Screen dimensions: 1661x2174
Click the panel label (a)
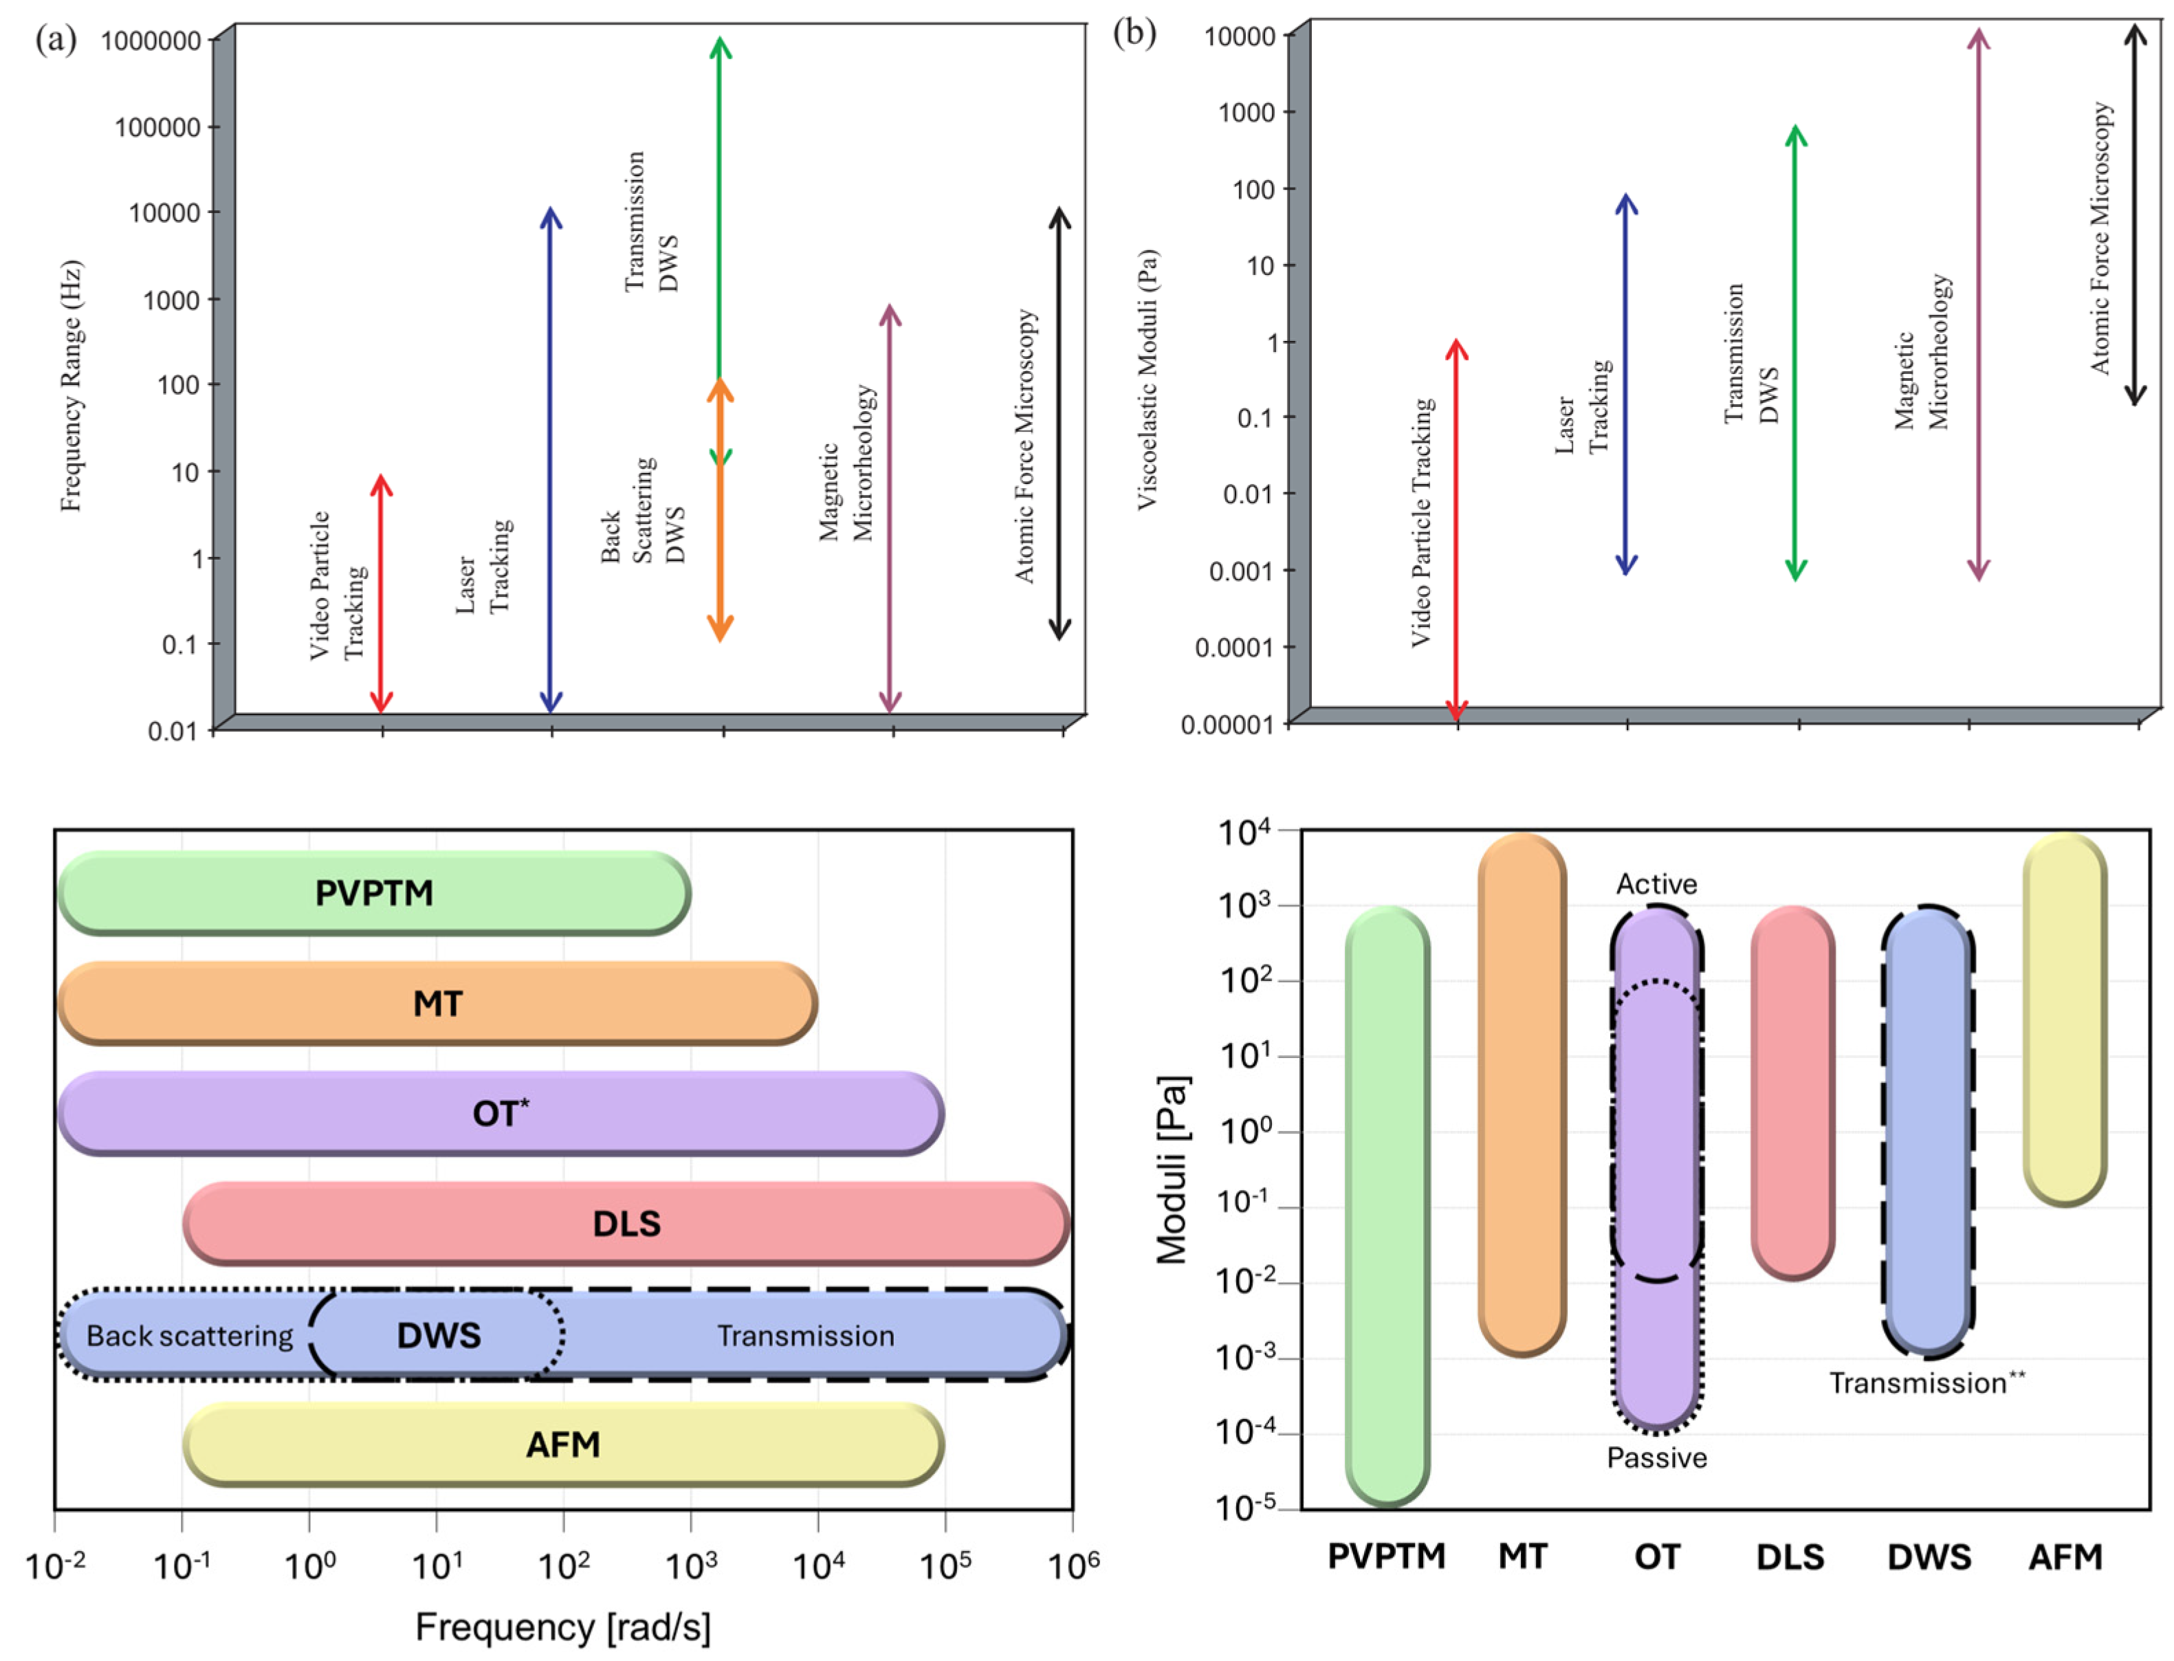point(56,40)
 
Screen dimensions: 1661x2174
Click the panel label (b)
point(1133,32)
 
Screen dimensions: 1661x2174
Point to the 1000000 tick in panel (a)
point(151,41)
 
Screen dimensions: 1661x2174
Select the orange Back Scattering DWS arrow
point(720,514)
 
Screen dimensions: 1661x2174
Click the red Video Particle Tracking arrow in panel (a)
point(382,593)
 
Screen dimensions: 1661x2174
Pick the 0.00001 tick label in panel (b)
point(1227,725)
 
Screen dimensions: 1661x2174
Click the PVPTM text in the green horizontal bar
point(374,893)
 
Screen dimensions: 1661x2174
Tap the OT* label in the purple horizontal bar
point(501,1113)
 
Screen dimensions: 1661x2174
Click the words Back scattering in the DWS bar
point(189,1336)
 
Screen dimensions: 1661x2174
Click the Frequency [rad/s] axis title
point(562,1627)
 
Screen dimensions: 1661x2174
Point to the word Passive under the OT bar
point(1656,1457)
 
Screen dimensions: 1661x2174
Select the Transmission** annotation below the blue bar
point(1926,1382)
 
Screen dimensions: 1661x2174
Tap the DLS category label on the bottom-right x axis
point(1790,1557)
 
